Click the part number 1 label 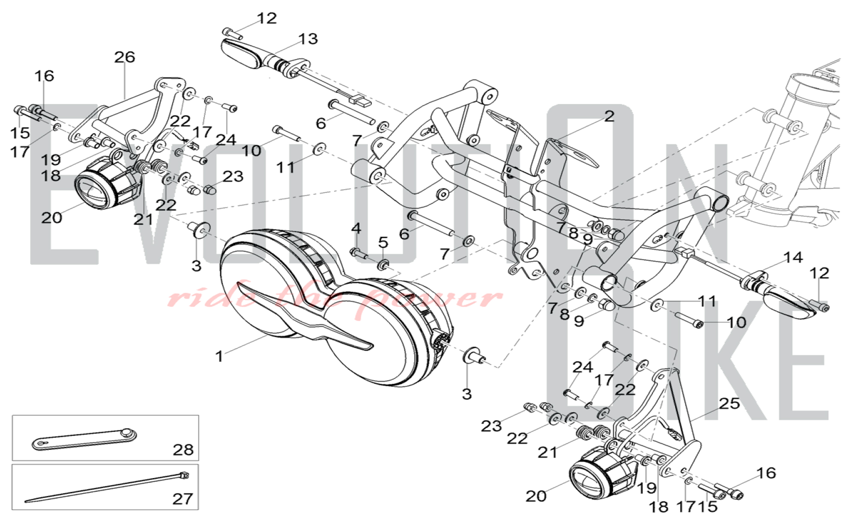[220, 356]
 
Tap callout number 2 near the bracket [609, 116]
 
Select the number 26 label [125, 57]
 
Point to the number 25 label [729, 403]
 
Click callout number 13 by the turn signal [308, 39]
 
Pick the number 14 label [793, 258]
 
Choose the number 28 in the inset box [183, 450]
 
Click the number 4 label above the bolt [356, 228]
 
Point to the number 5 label [383, 242]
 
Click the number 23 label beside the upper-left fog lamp [233, 176]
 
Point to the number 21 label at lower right [548, 452]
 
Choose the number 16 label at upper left [44, 76]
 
